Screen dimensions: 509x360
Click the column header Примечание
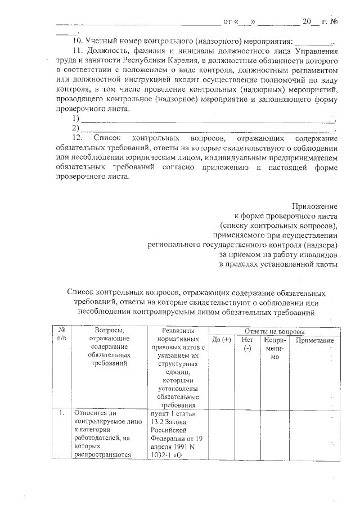pos(314,341)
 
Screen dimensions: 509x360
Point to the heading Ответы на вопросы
pos(272,331)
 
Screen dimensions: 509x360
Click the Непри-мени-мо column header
pos(275,349)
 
